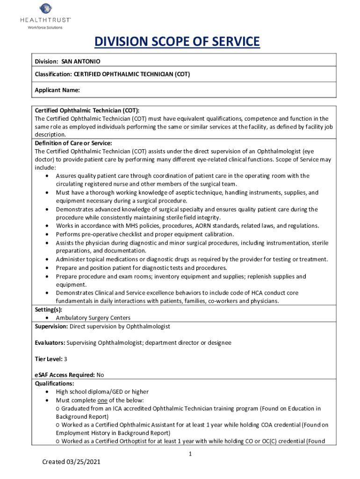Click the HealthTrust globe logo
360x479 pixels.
45,9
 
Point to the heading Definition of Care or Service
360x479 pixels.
73,143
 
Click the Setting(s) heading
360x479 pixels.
49,310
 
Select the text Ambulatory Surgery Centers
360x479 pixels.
93,318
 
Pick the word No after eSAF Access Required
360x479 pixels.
100,375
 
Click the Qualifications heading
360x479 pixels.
54,383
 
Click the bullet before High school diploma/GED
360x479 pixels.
47,392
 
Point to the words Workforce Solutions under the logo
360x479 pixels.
45,28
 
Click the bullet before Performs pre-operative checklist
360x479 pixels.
47,234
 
